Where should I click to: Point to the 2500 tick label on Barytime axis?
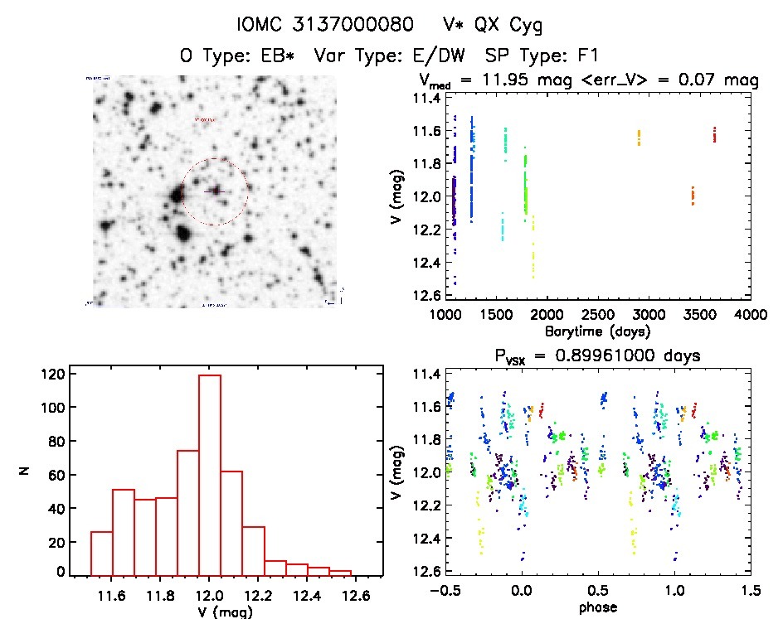pos(597,315)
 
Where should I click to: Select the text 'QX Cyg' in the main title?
pos(513,26)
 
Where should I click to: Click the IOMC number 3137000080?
pos(357,26)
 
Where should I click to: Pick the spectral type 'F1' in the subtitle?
pos(588,56)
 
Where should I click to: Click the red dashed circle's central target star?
pos(215,191)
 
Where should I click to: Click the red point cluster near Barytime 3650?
pos(714,133)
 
